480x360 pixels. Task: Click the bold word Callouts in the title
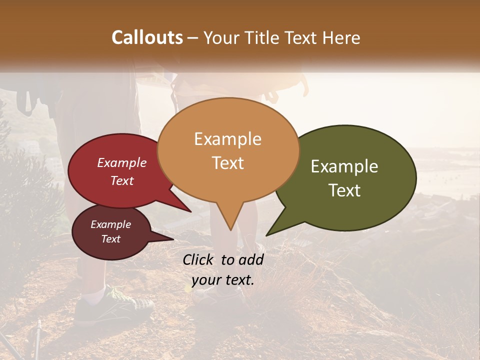[147, 37]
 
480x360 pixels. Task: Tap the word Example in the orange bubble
[227, 139]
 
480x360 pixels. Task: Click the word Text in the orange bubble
[227, 163]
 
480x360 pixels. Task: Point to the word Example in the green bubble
[344, 166]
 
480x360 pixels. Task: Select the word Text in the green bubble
[344, 190]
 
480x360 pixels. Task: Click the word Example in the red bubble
[121, 163]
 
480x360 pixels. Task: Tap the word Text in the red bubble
[121, 181]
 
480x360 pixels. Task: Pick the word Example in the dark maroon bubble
[110, 224]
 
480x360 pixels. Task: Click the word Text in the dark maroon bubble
[110, 239]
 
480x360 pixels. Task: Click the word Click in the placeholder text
[199, 259]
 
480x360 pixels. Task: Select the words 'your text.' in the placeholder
[223, 280]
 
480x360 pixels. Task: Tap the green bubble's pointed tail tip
[267, 235]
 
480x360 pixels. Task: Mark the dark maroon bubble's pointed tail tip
[173, 239]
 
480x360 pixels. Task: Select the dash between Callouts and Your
[193, 38]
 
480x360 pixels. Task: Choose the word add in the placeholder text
[251, 259]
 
